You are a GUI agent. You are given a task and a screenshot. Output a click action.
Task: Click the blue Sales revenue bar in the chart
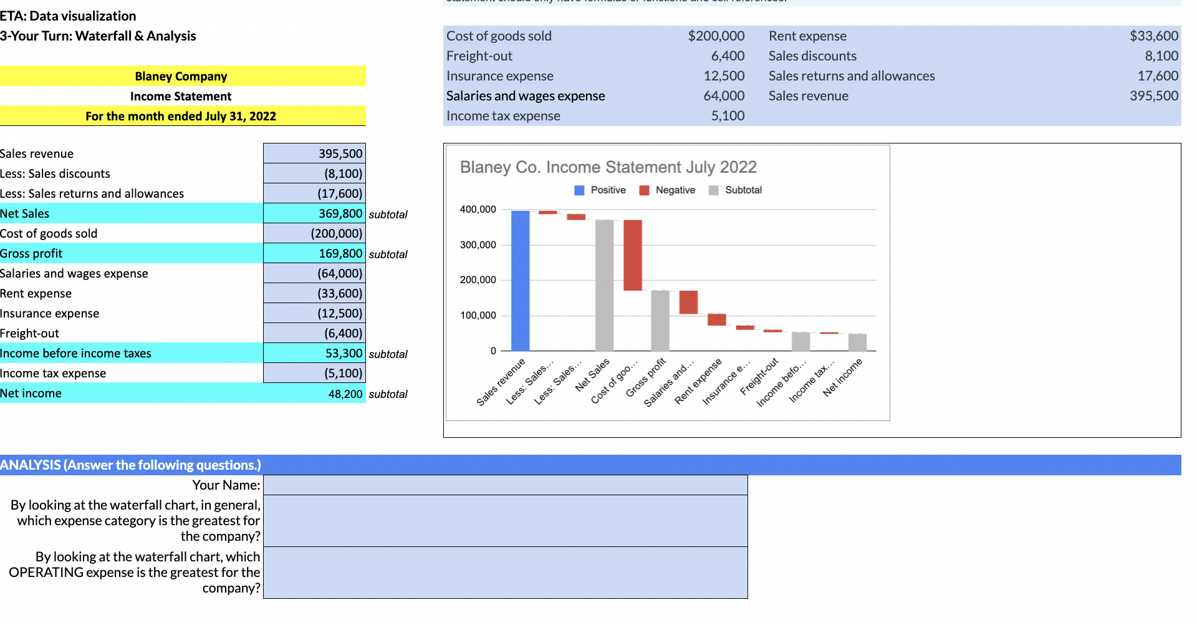click(x=520, y=281)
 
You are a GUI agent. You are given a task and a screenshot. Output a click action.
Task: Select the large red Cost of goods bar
click(x=632, y=255)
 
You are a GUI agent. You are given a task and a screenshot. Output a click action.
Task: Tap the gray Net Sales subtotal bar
click(x=604, y=285)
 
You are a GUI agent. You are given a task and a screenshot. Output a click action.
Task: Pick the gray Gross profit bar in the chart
click(x=660, y=321)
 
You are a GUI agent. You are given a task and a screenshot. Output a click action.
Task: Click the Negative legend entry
click(x=668, y=190)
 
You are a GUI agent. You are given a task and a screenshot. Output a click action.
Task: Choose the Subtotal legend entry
click(x=736, y=190)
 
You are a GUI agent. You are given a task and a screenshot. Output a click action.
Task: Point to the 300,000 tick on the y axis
click(x=478, y=245)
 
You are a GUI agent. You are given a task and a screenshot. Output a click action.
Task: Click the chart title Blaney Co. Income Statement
click(x=608, y=167)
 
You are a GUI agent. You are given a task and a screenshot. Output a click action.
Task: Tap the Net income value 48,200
click(x=345, y=394)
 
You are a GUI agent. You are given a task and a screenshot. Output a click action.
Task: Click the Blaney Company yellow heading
click(x=181, y=76)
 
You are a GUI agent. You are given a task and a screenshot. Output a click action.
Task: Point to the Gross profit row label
click(x=31, y=253)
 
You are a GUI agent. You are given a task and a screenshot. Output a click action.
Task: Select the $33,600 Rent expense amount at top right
click(x=1153, y=36)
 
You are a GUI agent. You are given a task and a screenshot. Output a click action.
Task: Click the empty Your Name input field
click(x=505, y=485)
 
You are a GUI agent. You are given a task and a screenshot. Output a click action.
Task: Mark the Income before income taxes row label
click(x=75, y=353)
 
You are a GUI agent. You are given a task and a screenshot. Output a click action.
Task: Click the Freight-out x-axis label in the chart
click(x=759, y=377)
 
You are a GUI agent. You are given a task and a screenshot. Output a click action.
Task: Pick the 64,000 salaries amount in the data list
click(x=724, y=96)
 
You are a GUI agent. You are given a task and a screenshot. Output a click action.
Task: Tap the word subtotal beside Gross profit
click(x=388, y=254)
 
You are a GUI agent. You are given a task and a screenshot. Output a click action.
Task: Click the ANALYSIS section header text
click(x=130, y=465)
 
